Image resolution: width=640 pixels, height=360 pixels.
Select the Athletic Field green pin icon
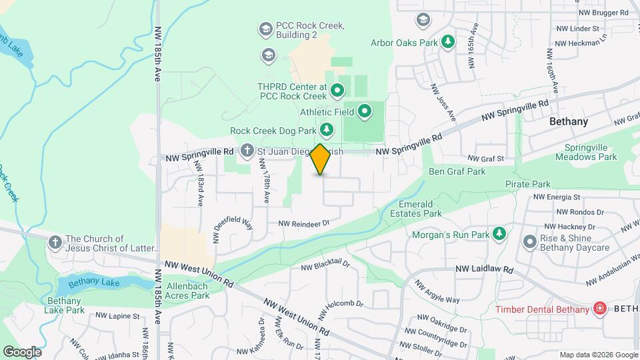tap(364, 111)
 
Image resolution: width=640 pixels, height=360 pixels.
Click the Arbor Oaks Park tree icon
tap(449, 42)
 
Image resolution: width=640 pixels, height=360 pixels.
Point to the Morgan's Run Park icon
tap(498, 234)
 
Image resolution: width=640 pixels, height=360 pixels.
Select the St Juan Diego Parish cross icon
tap(247, 151)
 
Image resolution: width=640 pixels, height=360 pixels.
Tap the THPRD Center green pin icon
tap(337, 90)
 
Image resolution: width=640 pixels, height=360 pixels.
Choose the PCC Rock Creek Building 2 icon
tap(265, 29)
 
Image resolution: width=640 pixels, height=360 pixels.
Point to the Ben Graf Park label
tap(457, 171)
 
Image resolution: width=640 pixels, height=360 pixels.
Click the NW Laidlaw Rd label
tap(485, 269)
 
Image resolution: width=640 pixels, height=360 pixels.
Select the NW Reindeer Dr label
tap(304, 224)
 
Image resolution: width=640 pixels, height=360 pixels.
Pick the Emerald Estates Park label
tap(420, 209)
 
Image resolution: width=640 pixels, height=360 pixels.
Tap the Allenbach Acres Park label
tap(187, 291)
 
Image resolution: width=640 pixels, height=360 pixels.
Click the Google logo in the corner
tap(22, 352)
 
